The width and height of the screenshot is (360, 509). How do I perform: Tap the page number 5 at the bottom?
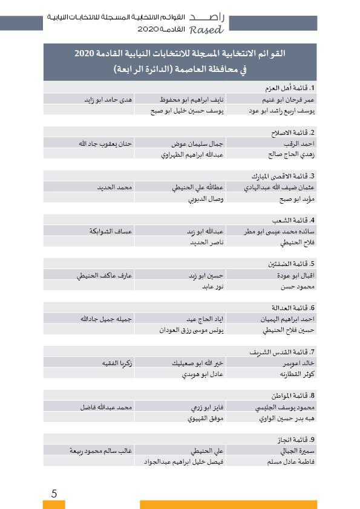tap(54, 493)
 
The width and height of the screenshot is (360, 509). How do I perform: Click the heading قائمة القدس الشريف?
tap(285, 351)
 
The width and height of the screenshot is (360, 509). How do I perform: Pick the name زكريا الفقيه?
tap(117, 363)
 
